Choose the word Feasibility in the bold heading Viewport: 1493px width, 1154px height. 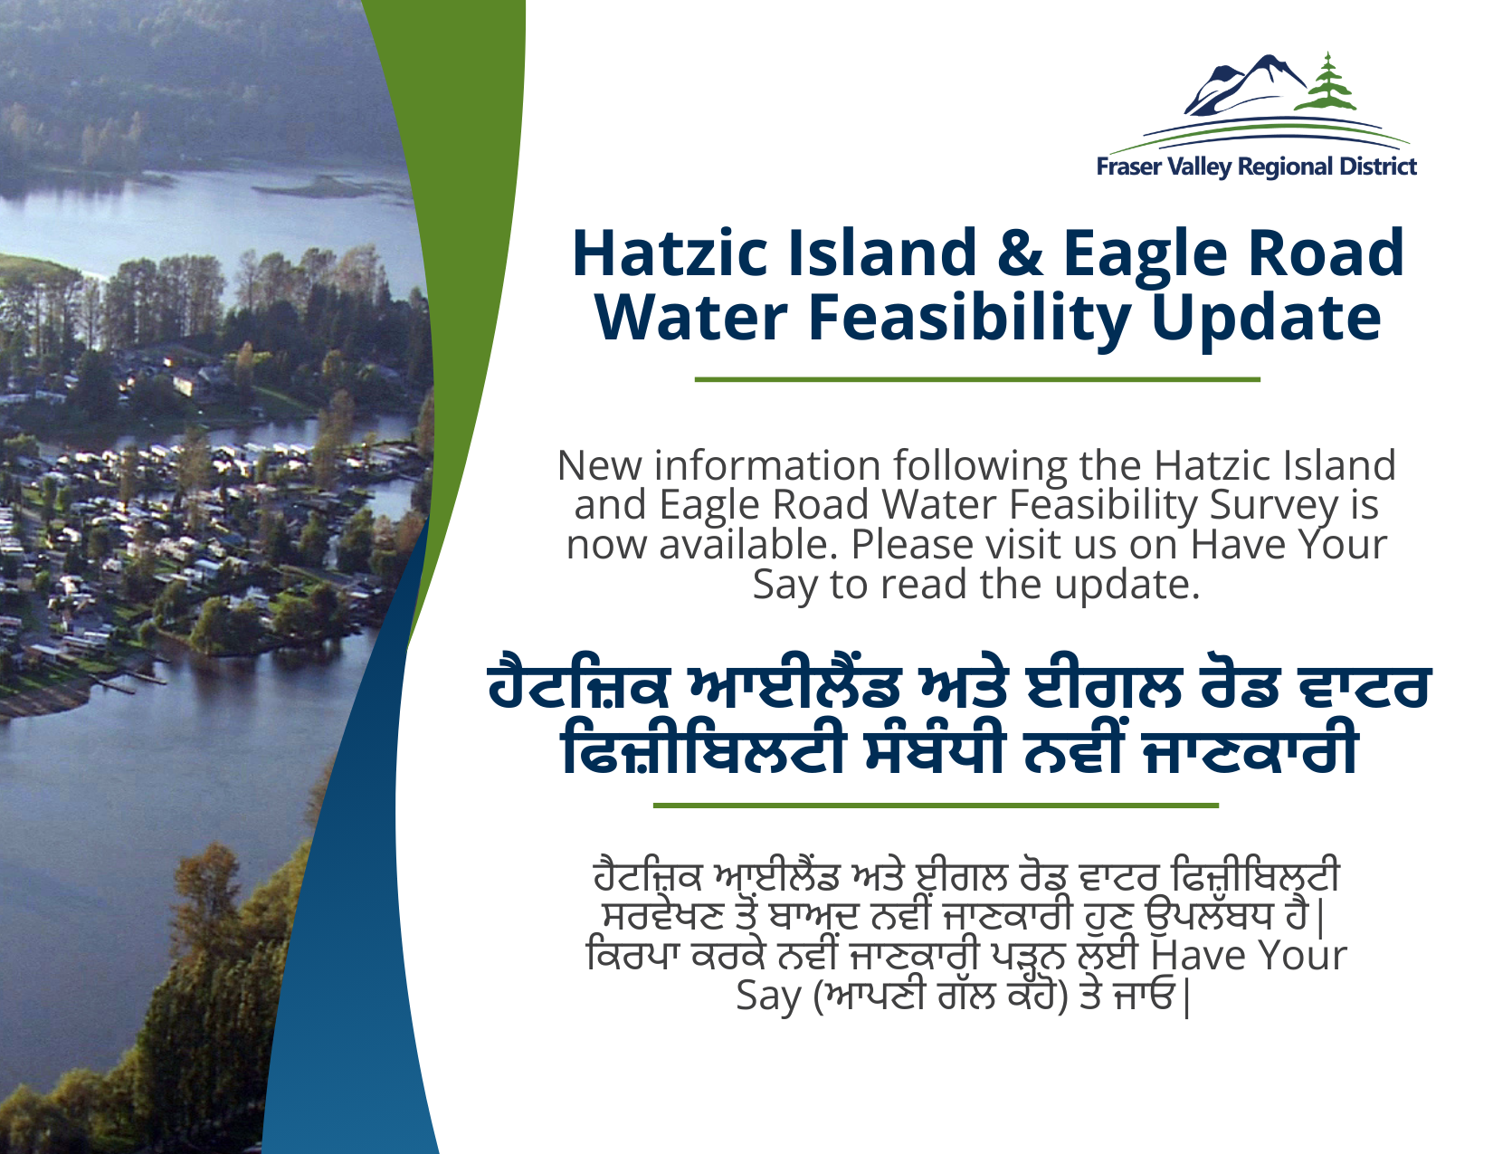(970, 319)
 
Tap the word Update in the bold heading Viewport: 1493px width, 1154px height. (1266, 319)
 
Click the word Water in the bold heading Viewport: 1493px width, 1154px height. (691, 319)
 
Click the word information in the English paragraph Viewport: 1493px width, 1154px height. (767, 466)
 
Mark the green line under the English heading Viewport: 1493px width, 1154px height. (977, 379)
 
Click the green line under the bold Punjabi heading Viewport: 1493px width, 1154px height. (936, 805)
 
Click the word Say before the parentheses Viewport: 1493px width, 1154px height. (768, 997)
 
